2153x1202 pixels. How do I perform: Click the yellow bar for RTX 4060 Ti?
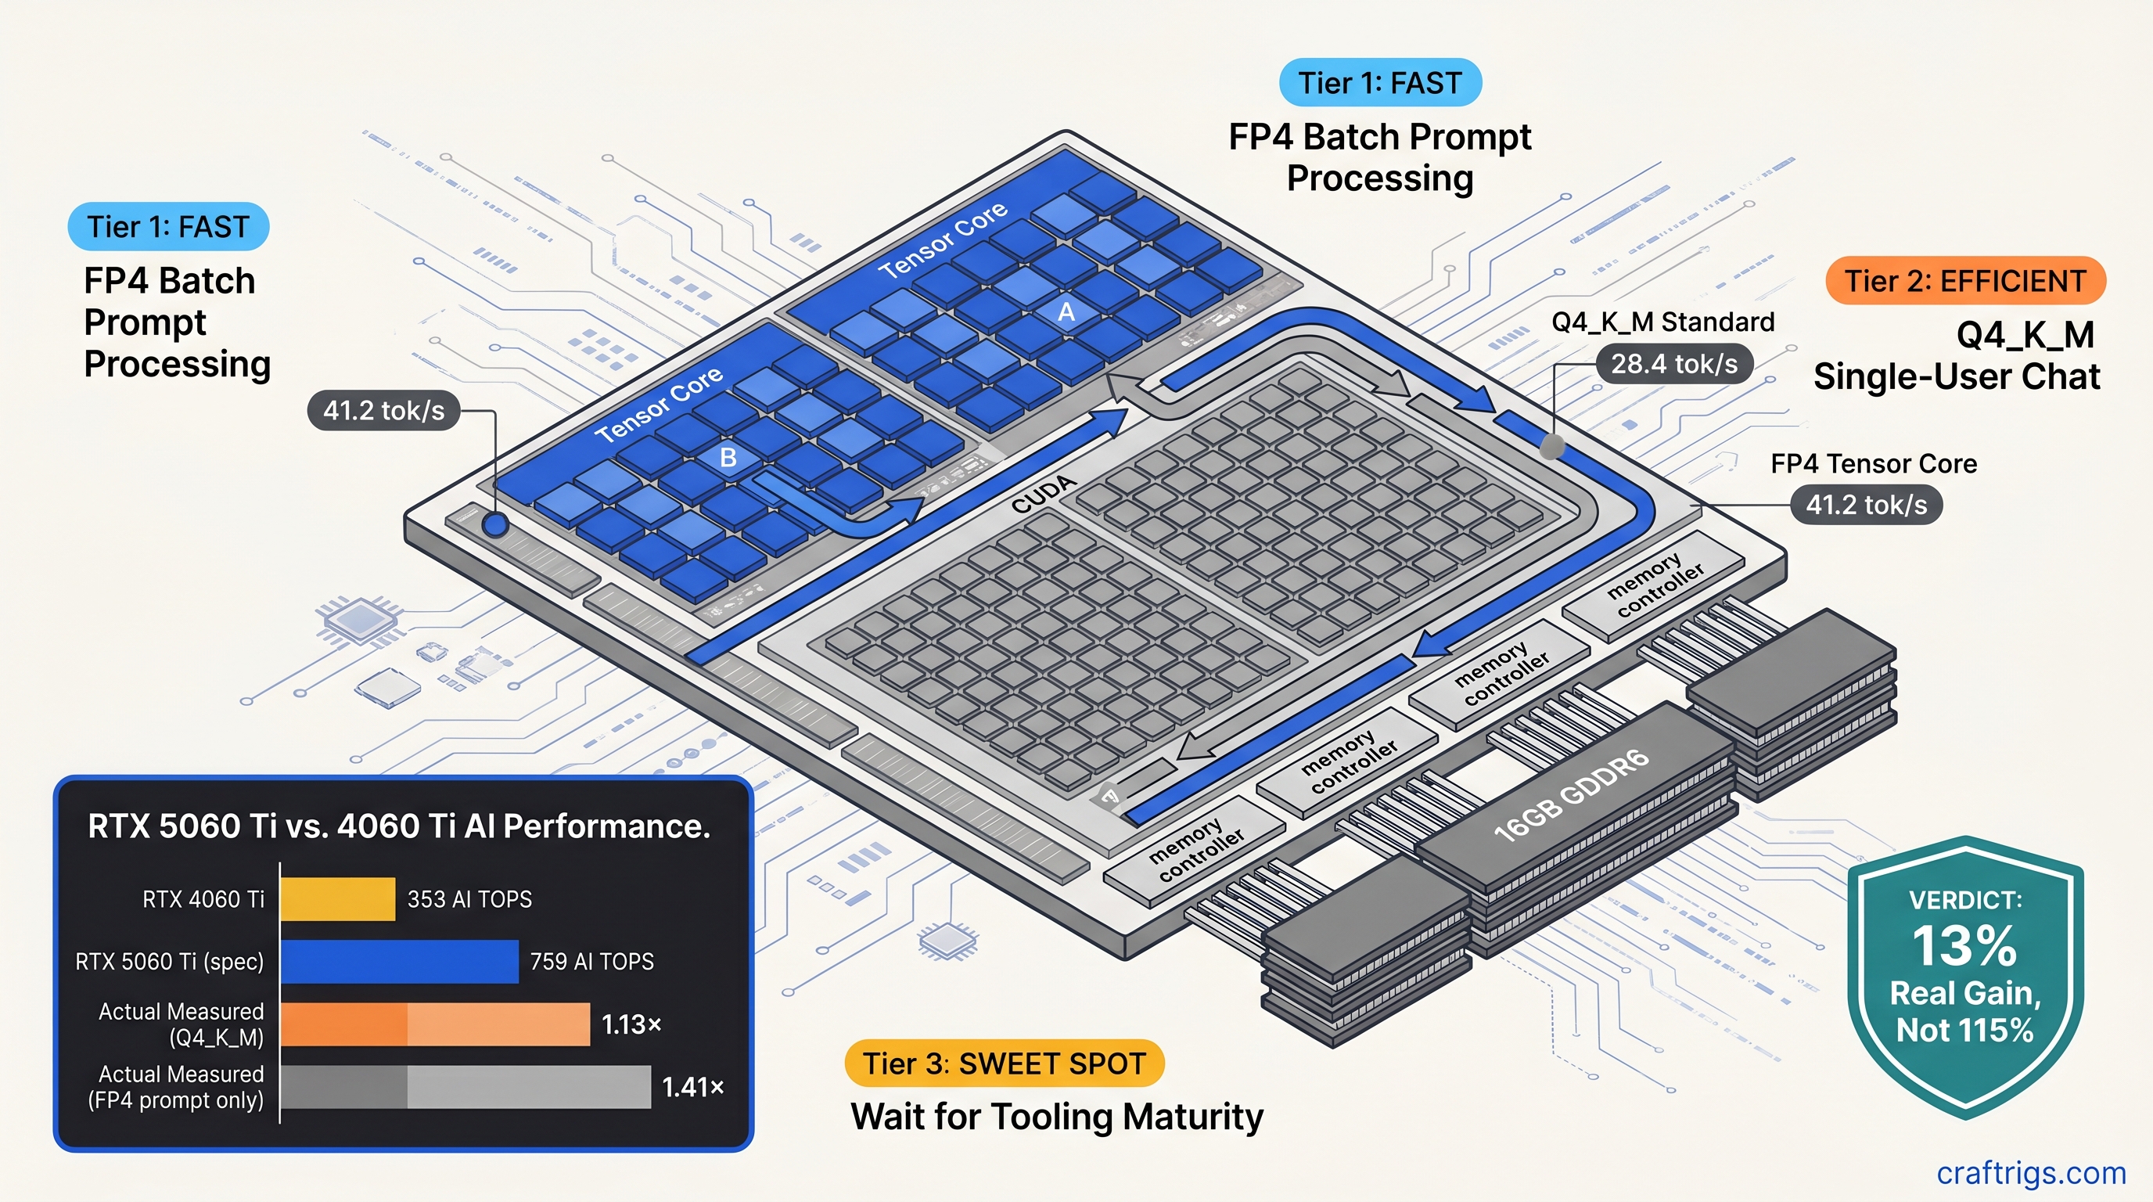point(337,899)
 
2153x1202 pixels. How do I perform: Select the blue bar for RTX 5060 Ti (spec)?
point(399,961)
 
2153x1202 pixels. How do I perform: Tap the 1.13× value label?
point(631,1024)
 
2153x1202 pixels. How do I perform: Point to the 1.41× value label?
point(692,1087)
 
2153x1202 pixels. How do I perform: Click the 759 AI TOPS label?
point(591,961)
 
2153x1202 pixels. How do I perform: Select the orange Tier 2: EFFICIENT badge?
point(1965,281)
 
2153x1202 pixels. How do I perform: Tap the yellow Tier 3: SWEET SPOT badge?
point(1004,1063)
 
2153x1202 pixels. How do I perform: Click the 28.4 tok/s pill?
point(1674,365)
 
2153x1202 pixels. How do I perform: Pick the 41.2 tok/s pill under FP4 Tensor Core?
point(1865,505)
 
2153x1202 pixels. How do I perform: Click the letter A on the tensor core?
point(1066,311)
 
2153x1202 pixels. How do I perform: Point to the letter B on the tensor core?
point(728,457)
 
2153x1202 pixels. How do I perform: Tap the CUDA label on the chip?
point(1043,494)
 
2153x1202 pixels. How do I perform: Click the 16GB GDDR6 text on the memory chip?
point(1570,795)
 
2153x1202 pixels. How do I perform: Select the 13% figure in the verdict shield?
point(1964,945)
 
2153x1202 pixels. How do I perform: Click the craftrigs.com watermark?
point(2031,1173)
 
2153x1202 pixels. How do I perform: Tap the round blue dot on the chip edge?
point(497,525)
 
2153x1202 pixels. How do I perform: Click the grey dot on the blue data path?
point(1552,445)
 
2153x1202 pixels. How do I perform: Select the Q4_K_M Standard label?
point(1662,322)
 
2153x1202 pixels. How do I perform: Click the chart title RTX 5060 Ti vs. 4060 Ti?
point(399,826)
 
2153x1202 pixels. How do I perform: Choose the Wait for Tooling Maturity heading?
point(1056,1117)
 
